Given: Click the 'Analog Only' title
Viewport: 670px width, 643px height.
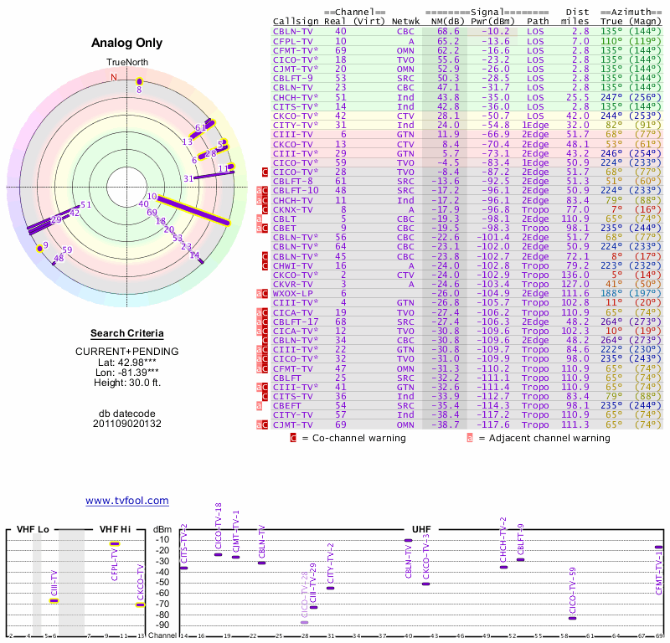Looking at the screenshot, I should (x=126, y=44).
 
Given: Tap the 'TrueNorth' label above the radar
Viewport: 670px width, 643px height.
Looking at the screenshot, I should (x=126, y=63).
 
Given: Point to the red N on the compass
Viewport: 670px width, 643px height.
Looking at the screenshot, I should (x=114, y=77).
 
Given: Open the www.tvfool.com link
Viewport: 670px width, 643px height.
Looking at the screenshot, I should (x=127, y=501).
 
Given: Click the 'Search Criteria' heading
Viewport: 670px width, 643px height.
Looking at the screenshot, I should (x=126, y=333).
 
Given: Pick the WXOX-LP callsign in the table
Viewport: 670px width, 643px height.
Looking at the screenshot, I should (x=293, y=294).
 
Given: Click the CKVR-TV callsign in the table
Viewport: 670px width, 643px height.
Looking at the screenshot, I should (x=293, y=285).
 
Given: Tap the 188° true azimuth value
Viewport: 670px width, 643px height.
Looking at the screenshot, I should (x=611, y=294).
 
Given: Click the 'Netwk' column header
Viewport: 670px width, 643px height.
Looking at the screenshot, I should (x=405, y=20).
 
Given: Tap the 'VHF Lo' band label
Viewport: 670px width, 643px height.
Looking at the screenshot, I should (x=33, y=529).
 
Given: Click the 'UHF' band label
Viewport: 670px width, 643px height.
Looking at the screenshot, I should (x=422, y=529).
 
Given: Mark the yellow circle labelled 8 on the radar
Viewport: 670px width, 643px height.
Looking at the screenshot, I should (x=140, y=82).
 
